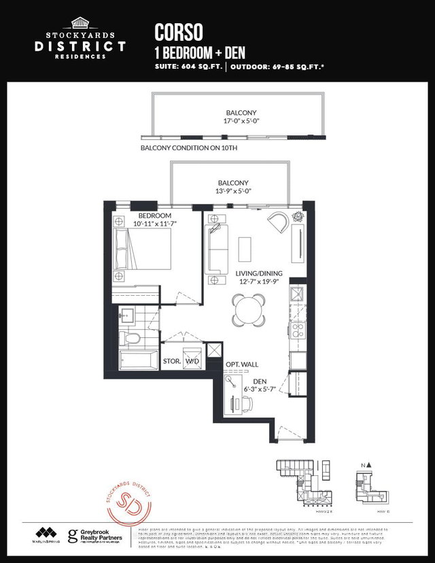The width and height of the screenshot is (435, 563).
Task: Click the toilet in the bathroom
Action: [x=133, y=338]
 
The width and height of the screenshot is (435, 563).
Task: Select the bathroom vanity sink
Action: [x=128, y=315]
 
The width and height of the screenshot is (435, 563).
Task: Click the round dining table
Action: [x=247, y=309]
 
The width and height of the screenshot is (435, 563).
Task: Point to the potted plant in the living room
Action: [x=298, y=218]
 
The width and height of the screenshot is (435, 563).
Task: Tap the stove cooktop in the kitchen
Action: [x=297, y=330]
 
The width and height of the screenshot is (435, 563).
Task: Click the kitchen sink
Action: [x=298, y=294]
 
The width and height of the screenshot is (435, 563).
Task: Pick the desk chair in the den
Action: [x=247, y=404]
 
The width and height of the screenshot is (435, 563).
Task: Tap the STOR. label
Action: [x=172, y=361]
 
